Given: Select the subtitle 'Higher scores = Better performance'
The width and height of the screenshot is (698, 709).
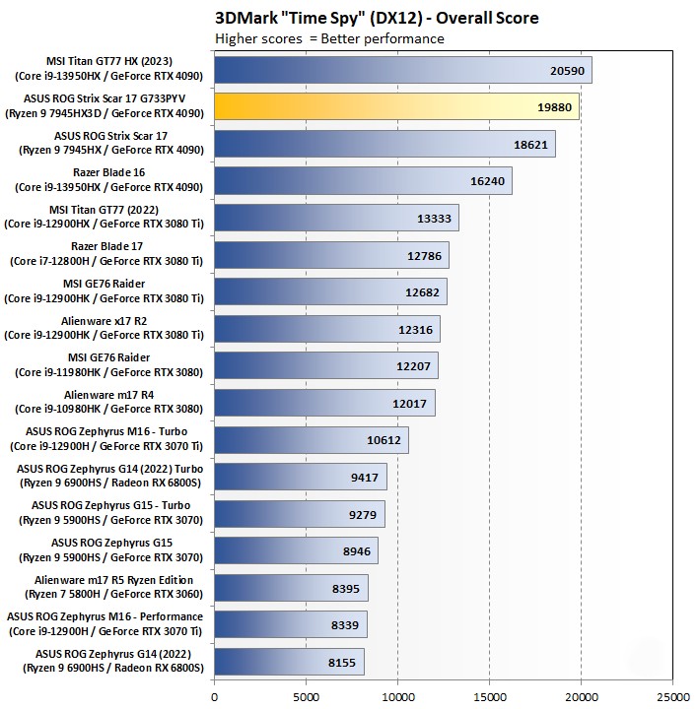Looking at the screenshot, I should tap(329, 38).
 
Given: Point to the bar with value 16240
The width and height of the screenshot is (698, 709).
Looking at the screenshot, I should tap(363, 181).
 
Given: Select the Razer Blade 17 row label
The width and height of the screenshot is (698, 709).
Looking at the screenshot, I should tap(109, 254).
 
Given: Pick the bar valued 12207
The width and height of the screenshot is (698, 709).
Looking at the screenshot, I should tap(325, 365).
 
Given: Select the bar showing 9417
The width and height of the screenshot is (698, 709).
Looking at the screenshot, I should tap(300, 477).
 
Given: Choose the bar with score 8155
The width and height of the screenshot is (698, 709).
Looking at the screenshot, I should tap(289, 662).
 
